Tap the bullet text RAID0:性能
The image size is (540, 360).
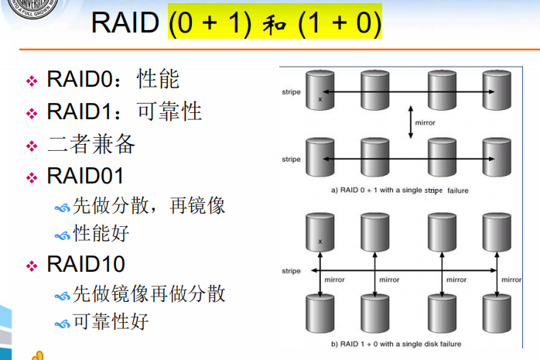[x=113, y=79]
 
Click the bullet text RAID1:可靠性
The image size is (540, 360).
[x=124, y=111]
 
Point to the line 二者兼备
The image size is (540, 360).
[x=91, y=145]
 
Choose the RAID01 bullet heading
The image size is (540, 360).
[x=85, y=177]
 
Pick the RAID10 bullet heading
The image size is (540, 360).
[x=85, y=265]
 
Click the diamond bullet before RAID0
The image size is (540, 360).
[x=32, y=81]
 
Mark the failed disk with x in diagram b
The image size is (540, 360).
[x=319, y=233]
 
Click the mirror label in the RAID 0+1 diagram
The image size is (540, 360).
[x=426, y=123]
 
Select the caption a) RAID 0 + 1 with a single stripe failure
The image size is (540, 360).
[x=399, y=189]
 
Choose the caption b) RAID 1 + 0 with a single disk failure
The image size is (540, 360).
[x=396, y=343]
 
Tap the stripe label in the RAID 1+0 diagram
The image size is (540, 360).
[x=291, y=271]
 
